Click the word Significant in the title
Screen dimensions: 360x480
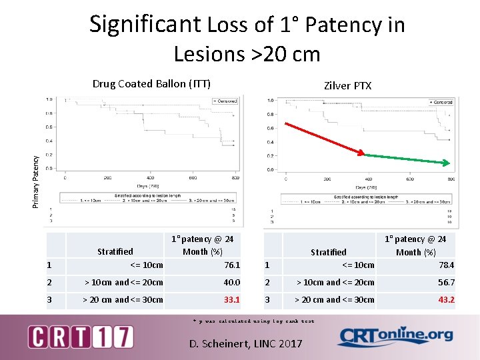(x=144, y=25)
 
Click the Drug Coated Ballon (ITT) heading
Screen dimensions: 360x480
(x=151, y=83)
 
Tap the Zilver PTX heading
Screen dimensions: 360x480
(x=347, y=85)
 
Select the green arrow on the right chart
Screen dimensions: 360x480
(x=405, y=159)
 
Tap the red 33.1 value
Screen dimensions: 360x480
(x=231, y=299)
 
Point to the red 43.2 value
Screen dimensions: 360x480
(x=446, y=299)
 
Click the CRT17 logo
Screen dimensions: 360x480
(x=80, y=337)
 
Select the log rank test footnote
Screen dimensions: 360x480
(x=253, y=321)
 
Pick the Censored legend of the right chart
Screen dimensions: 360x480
(x=440, y=102)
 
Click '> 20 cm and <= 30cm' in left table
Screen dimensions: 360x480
(x=123, y=299)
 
